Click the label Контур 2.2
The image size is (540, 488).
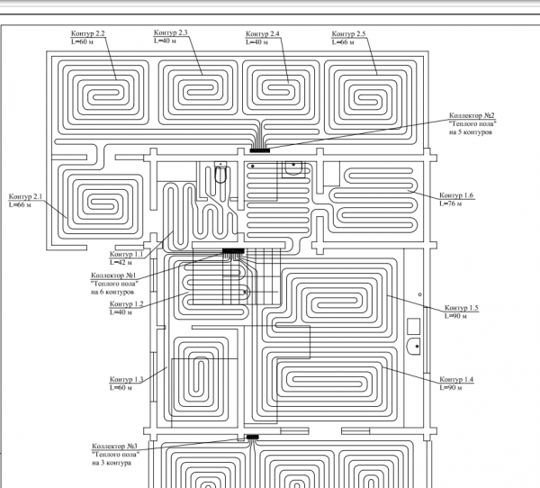tap(88, 33)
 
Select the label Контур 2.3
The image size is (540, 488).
tap(170, 32)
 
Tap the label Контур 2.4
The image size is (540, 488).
tap(263, 34)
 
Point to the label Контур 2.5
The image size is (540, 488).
tap(348, 34)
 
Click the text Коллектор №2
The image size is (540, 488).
tap(472, 115)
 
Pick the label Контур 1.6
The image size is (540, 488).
tap(456, 195)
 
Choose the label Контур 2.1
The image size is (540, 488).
tap(25, 196)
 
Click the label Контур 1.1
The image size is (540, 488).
tap(126, 254)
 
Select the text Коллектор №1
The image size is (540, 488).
tap(113, 276)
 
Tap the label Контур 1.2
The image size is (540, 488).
tap(126, 304)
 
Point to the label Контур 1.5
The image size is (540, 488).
tap(462, 308)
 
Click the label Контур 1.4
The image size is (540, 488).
tap(456, 379)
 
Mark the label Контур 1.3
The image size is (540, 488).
tap(126, 379)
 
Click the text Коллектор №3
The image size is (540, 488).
tap(114, 447)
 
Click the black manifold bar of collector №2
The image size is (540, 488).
tap(260, 150)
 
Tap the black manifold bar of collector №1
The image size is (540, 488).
tap(233, 251)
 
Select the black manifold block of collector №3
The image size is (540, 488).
tap(252, 437)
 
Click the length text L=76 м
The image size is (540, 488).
tap(451, 203)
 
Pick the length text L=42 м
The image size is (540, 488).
tap(121, 263)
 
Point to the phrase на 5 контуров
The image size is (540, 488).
tap(471, 132)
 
